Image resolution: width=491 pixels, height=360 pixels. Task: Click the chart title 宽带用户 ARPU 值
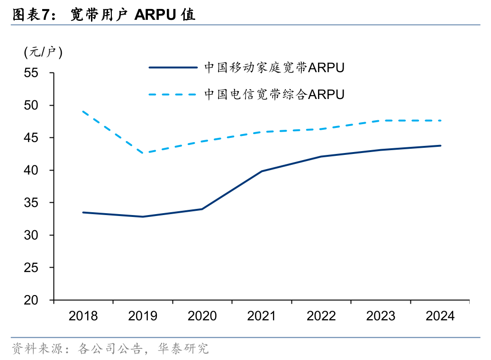133,15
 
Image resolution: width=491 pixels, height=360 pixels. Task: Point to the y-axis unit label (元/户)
43,52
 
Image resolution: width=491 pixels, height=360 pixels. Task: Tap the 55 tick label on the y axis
31,73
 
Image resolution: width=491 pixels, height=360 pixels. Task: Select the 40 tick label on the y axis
31,171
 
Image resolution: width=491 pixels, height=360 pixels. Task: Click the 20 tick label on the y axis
31,300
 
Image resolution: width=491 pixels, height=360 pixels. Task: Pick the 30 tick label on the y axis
31,235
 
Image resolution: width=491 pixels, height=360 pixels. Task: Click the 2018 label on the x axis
83,316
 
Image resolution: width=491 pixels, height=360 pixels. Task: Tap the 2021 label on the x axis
262,316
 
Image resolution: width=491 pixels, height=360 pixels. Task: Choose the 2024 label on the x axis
440,316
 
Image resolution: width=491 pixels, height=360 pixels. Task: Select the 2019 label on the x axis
143,316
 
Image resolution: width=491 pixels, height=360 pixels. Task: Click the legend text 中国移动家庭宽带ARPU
274,68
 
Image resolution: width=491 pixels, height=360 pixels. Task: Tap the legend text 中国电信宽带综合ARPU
274,94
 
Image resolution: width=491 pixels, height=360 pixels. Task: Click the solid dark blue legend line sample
173,67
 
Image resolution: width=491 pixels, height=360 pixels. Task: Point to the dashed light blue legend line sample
173,94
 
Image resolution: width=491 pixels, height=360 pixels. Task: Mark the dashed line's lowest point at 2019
143,153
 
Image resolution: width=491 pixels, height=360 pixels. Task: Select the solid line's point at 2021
262,171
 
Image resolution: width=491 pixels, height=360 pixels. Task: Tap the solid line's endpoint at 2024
440,145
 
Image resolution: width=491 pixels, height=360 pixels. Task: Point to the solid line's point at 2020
202,209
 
